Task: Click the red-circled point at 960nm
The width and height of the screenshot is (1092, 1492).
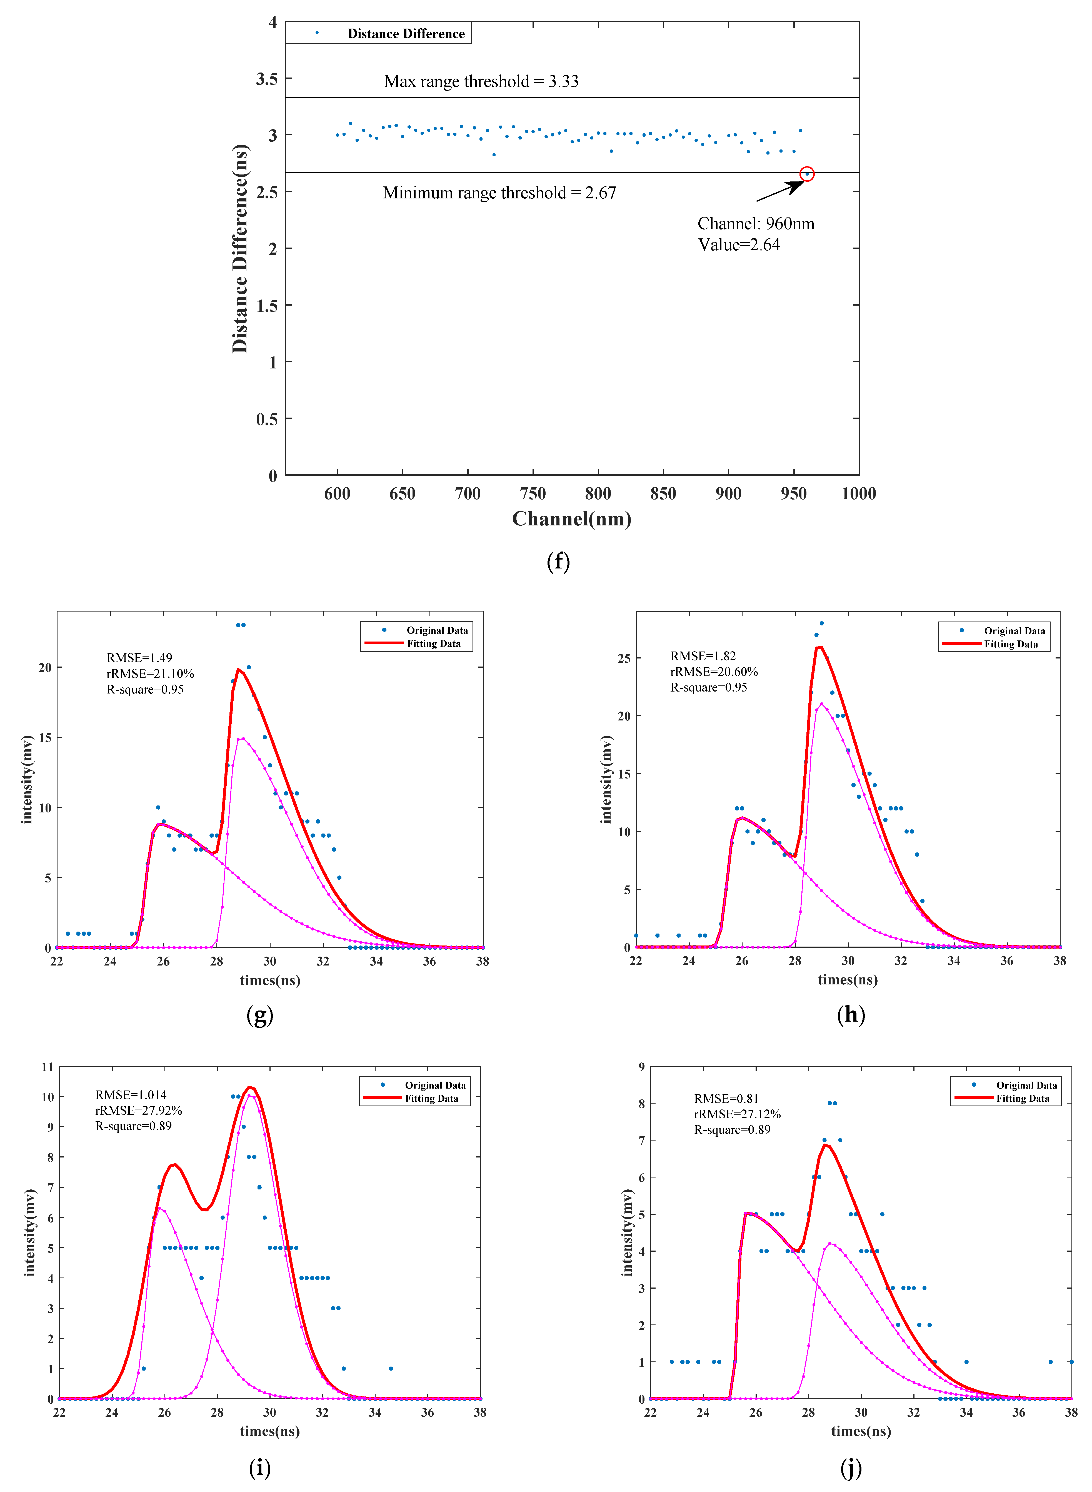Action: pos(806,174)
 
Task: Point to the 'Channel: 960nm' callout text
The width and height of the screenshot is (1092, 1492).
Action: pos(756,224)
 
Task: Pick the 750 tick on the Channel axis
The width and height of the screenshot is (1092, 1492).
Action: pos(533,494)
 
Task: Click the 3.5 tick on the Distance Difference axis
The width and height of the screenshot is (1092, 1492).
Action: pos(267,79)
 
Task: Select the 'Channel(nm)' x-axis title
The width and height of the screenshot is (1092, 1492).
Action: pos(572,519)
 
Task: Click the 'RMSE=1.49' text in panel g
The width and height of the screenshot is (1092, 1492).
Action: pos(139,658)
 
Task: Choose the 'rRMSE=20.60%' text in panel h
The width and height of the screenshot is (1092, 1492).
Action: pos(714,672)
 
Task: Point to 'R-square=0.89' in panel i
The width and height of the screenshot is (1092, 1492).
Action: pos(134,1126)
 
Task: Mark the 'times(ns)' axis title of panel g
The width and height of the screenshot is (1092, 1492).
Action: pos(270,980)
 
